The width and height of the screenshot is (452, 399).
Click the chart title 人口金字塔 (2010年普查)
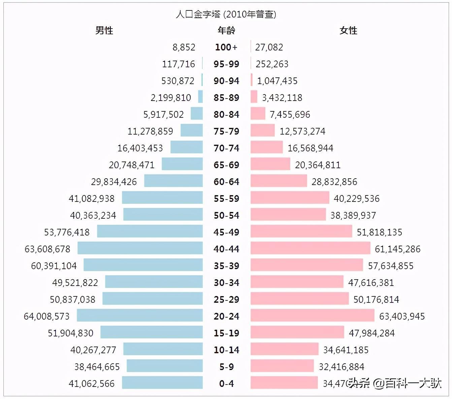226,14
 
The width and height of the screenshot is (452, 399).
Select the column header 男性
104,30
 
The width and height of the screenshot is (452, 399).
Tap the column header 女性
348,30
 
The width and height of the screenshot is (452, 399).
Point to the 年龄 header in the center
226,30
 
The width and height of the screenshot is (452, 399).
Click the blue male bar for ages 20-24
140,315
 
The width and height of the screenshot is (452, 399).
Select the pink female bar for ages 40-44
310,248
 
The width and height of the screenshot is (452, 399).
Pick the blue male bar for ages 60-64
173,181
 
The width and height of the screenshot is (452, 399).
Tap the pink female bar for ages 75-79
262,130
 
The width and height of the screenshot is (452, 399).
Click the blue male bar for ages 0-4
162,383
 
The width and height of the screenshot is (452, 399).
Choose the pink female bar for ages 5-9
282,366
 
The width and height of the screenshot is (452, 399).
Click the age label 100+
226,47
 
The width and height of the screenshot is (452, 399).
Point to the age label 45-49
226,232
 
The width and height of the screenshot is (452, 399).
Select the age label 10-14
226,350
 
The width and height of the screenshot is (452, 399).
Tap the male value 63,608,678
47,249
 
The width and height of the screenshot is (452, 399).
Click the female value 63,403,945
402,316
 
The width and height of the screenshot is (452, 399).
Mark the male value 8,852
184,47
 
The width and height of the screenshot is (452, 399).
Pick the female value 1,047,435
277,81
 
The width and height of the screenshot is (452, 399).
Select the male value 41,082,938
92,198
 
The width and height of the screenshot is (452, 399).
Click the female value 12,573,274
302,131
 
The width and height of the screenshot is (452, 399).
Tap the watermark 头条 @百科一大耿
395,383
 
